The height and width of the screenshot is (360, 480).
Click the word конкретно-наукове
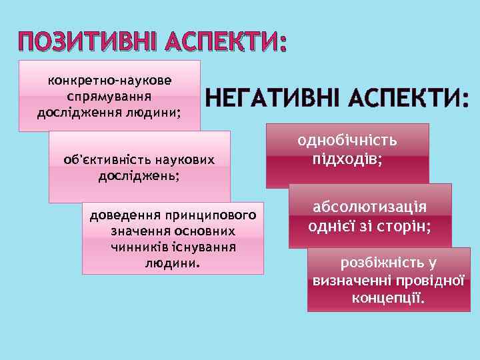(x=109, y=81)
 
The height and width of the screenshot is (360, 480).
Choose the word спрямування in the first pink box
(x=109, y=96)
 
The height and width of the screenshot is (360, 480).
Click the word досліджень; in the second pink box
(x=139, y=176)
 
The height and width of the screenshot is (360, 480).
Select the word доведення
(x=122, y=216)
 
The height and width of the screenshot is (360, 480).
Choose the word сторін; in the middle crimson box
(x=407, y=226)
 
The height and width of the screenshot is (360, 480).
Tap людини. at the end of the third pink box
(x=172, y=263)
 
